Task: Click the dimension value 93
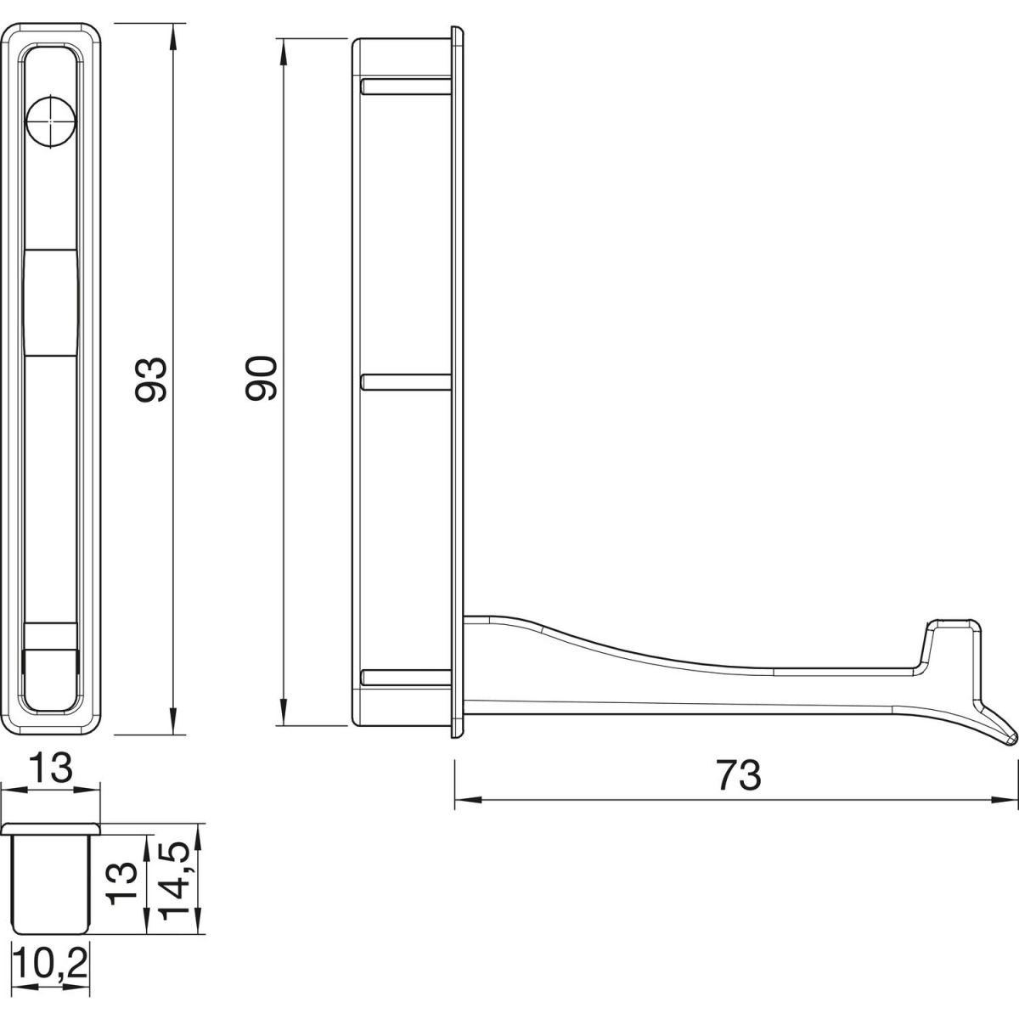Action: tap(151, 379)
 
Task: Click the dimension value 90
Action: tap(262, 378)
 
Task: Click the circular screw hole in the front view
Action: tap(51, 121)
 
